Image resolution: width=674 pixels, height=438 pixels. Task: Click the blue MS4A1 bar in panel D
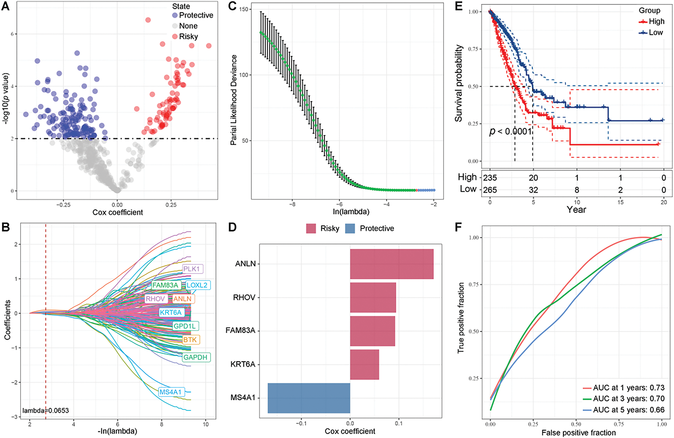pyautogui.click(x=309, y=398)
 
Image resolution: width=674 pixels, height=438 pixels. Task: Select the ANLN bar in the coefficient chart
pyautogui.click(x=392, y=264)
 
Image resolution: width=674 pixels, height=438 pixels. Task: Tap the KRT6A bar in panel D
pyautogui.click(x=364, y=364)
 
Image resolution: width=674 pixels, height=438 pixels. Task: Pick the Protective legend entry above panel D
pyautogui.click(x=370, y=229)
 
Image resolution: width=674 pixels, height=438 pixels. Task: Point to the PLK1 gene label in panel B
pyautogui.click(x=191, y=269)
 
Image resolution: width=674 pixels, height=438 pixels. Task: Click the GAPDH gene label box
pyautogui.click(x=195, y=357)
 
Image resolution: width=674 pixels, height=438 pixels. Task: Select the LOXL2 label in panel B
pyautogui.click(x=197, y=285)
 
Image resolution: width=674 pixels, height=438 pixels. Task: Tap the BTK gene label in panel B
pyautogui.click(x=190, y=340)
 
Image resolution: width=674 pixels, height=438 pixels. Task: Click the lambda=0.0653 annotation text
pyautogui.click(x=46, y=411)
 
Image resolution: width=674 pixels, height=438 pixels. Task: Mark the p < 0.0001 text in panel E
pyautogui.click(x=511, y=132)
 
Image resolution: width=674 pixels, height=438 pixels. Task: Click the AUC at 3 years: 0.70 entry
pyautogui.click(x=624, y=399)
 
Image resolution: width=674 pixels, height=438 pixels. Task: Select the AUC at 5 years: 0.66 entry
pyautogui.click(x=624, y=410)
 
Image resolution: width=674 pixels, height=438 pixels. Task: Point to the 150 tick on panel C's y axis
pyautogui.click(x=244, y=9)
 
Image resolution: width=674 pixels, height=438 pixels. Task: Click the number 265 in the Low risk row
pyautogui.click(x=490, y=190)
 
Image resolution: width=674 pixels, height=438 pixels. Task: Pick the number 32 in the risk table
pyautogui.click(x=533, y=190)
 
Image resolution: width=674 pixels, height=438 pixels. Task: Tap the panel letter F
pyautogui.click(x=459, y=227)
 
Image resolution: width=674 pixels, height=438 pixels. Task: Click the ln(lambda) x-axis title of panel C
pyautogui.click(x=351, y=212)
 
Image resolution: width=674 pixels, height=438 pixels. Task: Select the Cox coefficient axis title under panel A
pyautogui.click(x=118, y=212)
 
